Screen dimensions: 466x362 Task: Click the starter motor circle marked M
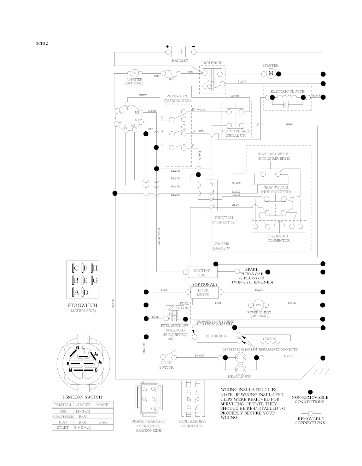(271, 73)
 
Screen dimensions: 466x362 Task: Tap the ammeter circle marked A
(134, 73)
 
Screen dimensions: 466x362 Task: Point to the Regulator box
(216, 336)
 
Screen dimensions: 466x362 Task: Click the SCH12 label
(41, 44)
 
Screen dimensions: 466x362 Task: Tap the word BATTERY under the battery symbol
(180, 60)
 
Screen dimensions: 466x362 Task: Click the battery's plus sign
(167, 46)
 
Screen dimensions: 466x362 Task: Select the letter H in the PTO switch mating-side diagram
(95, 268)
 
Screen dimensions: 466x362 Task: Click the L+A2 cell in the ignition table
(103, 422)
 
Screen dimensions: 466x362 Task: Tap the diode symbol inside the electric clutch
(286, 104)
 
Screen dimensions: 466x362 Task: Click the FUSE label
(170, 79)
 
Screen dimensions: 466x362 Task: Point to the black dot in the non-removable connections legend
(310, 392)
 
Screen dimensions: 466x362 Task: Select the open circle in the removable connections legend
(310, 413)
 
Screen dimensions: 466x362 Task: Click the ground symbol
(322, 372)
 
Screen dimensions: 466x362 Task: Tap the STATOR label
(270, 339)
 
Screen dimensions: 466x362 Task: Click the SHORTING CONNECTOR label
(279, 238)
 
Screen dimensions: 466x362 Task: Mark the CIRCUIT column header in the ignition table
(83, 404)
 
